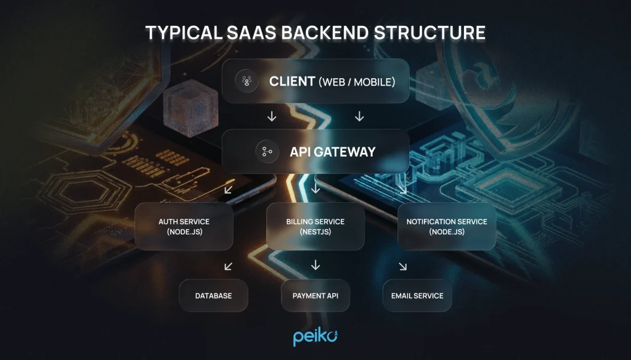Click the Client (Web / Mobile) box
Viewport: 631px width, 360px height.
tap(315, 81)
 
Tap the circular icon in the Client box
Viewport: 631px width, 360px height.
tap(246, 81)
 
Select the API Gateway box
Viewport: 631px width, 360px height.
tap(315, 152)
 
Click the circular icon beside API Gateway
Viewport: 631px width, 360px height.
tap(267, 152)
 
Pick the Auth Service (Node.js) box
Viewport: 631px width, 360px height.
tap(184, 226)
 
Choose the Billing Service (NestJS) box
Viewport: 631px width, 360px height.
tap(315, 226)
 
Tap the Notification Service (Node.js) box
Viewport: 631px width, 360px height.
tap(447, 226)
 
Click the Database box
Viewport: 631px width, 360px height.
tap(213, 296)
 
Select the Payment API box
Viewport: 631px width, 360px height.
tap(315, 296)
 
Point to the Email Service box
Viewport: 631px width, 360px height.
tap(417, 296)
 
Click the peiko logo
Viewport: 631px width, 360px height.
tap(315, 338)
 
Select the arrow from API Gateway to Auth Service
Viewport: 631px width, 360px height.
tap(228, 189)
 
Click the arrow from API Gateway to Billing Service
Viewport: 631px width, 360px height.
tap(315, 187)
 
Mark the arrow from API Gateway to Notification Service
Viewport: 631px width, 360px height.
tap(402, 189)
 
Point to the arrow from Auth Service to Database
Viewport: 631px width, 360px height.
tap(228, 266)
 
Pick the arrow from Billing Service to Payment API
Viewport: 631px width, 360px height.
tap(315, 265)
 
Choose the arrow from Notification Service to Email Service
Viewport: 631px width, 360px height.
tap(402, 266)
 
